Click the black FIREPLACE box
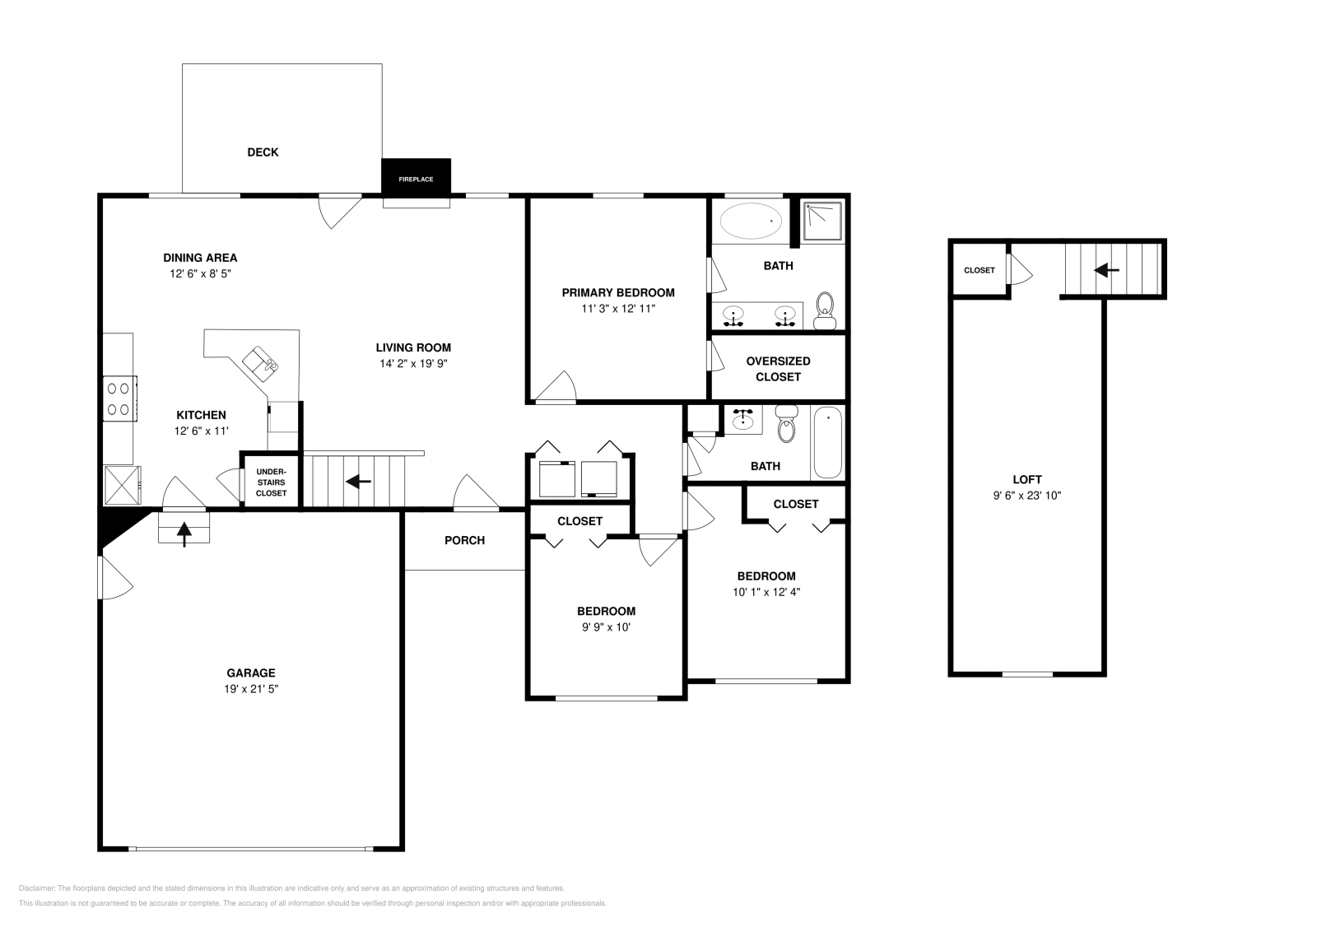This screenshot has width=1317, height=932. (x=416, y=176)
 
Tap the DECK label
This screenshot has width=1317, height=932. (x=263, y=152)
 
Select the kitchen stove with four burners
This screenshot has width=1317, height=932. (x=120, y=398)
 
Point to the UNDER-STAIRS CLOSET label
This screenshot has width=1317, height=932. (x=271, y=482)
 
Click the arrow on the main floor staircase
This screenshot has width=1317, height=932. (x=358, y=482)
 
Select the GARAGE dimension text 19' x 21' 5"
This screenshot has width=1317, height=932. (x=251, y=688)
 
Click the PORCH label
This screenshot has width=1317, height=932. (x=464, y=540)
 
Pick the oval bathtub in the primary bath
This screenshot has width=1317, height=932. (x=751, y=221)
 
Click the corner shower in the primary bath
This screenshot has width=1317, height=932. (x=823, y=221)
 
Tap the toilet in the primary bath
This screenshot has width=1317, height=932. (x=825, y=310)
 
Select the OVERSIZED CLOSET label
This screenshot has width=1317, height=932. (x=778, y=369)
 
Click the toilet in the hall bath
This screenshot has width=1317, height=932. (x=786, y=423)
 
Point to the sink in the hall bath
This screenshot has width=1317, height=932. (x=743, y=418)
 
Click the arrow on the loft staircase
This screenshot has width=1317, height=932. (x=1106, y=271)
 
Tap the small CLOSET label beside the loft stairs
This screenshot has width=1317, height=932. (x=979, y=271)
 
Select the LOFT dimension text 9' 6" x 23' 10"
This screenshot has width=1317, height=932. (x=1027, y=496)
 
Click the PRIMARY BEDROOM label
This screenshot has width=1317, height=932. (x=618, y=293)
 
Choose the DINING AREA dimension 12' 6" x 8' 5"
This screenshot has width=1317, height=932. (x=201, y=273)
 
